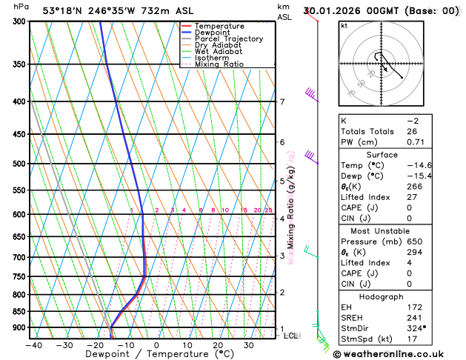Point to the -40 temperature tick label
(33, 344)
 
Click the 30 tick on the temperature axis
(249, 344)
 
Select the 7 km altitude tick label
(282, 102)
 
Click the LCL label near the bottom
(291, 336)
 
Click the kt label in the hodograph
(344, 25)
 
